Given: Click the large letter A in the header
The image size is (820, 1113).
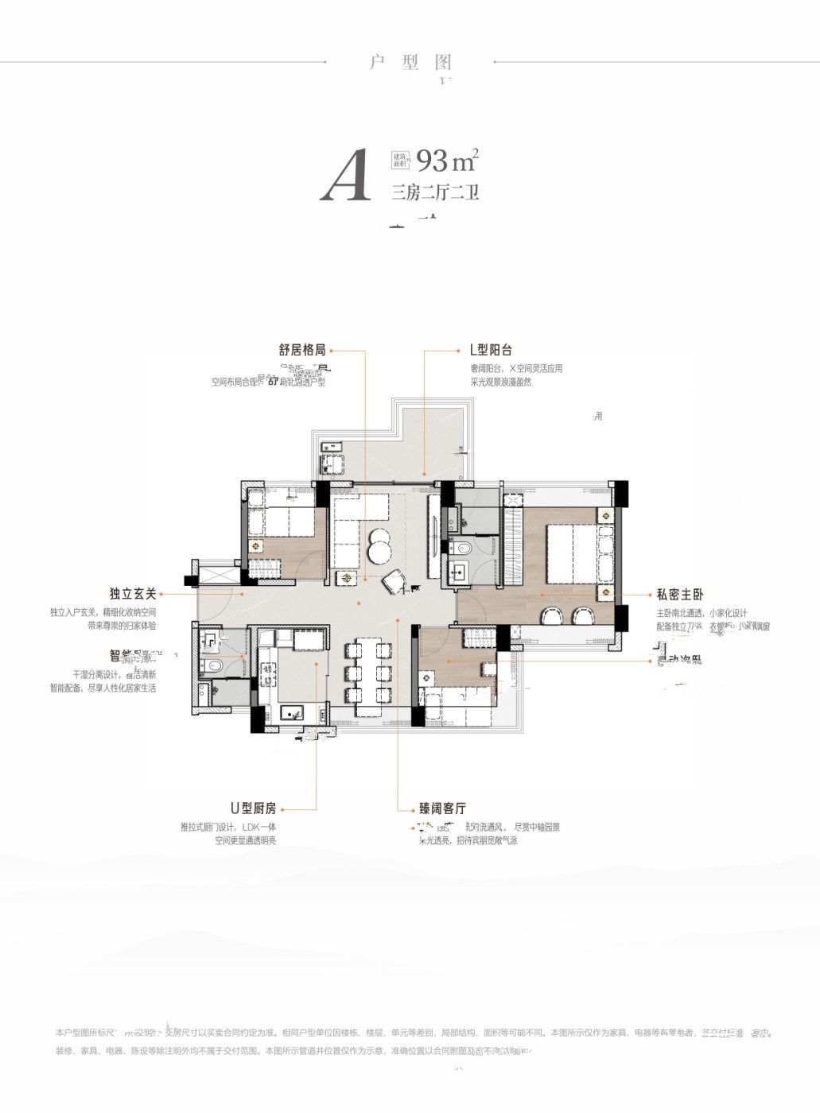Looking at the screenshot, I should coord(347,176).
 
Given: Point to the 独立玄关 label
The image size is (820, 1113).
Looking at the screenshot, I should coord(134,594).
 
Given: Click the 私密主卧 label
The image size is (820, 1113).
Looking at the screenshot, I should coord(680,595).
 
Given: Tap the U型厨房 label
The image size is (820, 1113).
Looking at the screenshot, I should coord(253,809).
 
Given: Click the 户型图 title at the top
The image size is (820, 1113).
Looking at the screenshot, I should coord(410,62).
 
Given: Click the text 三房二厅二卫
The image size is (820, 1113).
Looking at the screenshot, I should coord(435,193).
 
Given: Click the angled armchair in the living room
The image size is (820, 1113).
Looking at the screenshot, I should coord(394,583).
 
